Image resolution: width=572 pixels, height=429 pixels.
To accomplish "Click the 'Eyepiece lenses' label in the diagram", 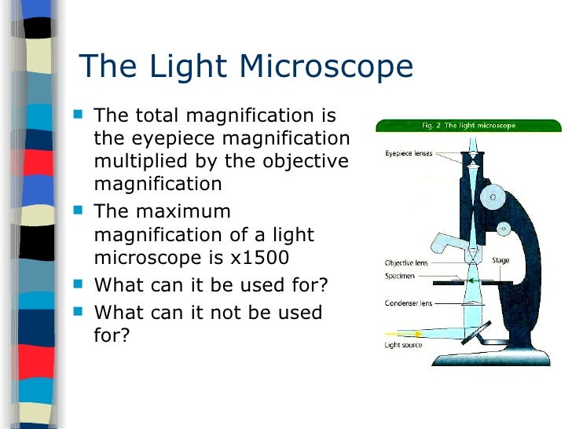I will pyautogui.click(x=409, y=153).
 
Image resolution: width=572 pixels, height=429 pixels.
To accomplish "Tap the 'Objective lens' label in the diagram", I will pyautogui.click(x=405, y=262).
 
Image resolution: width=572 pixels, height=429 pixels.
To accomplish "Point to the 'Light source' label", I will pyautogui.click(x=403, y=345).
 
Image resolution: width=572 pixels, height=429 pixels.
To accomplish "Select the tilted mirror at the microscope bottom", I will pyautogui.click(x=475, y=332).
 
